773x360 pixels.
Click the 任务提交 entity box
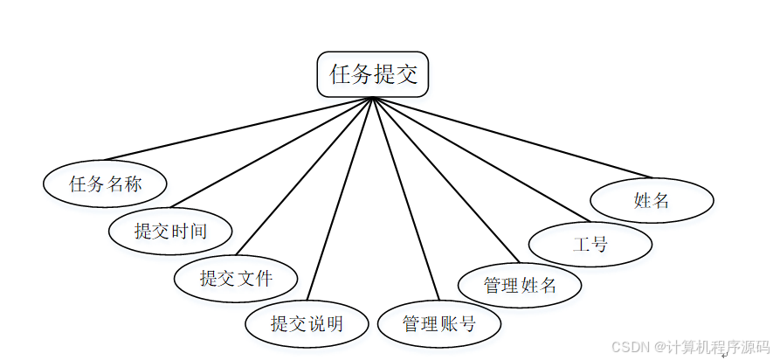[x=373, y=74]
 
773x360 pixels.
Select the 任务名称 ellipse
[x=106, y=183]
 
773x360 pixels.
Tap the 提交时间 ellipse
[x=171, y=231]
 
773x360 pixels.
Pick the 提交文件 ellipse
[x=237, y=279]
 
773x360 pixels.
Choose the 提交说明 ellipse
[x=307, y=324]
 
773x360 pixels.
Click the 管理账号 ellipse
[x=439, y=324]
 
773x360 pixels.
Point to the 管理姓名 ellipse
[x=521, y=284]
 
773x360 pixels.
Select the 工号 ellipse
[x=590, y=244]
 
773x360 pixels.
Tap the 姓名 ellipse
[x=652, y=201]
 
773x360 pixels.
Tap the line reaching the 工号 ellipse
[x=480, y=158]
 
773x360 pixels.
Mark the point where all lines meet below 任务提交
[x=373, y=97]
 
